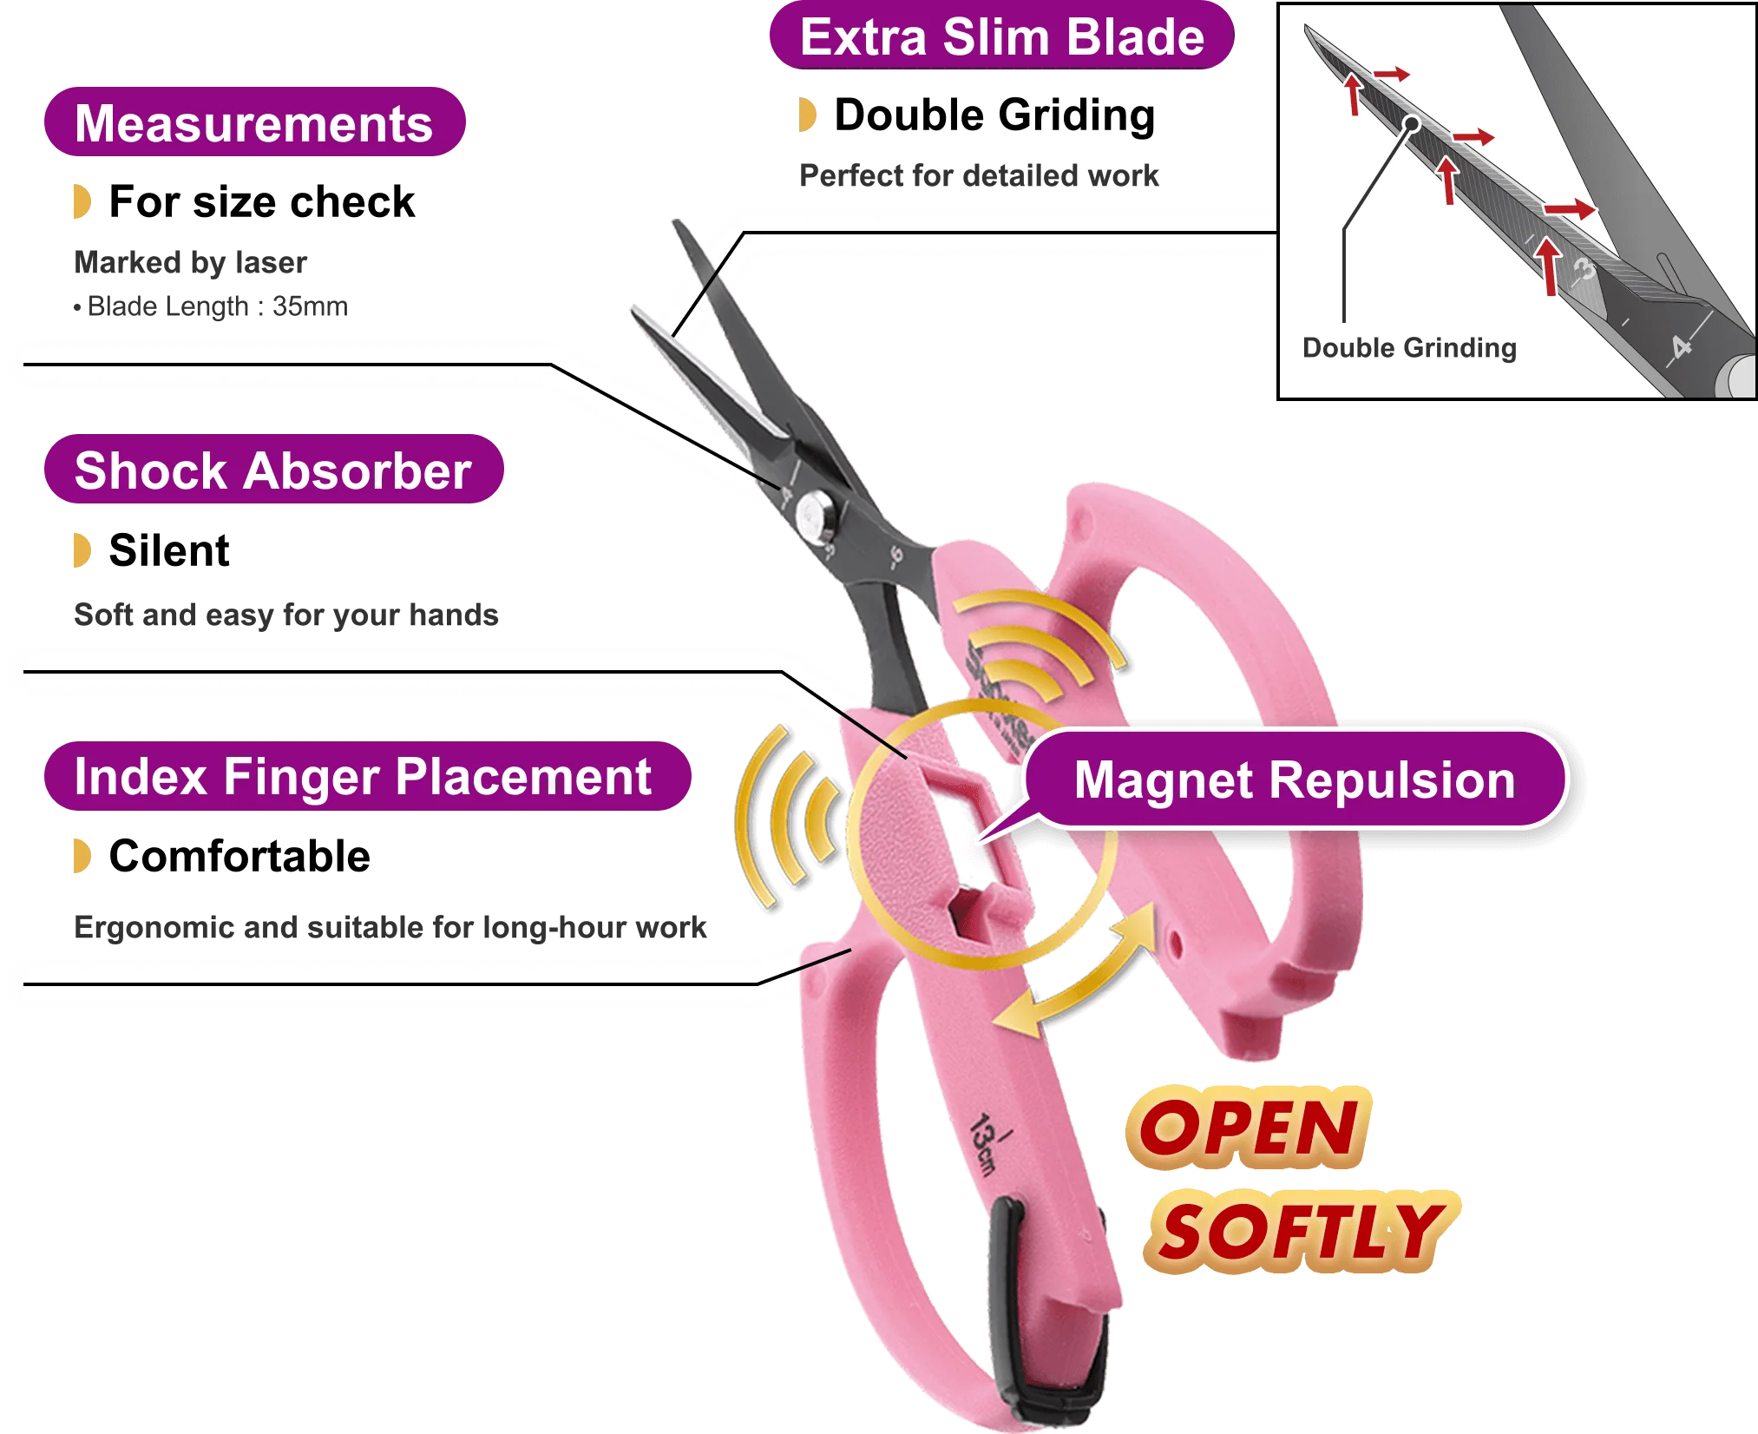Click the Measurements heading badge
[253, 123]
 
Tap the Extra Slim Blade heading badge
[1001, 38]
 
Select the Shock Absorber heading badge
[272, 470]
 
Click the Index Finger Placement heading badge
[364, 776]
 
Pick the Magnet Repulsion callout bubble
[1295, 779]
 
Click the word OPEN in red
[1248, 1128]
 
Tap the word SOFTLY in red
[1300, 1233]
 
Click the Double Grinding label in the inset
[1409, 348]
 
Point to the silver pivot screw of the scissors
[817, 516]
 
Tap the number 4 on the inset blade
[1682, 348]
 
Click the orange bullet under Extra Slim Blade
[808, 115]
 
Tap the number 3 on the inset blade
[1584, 270]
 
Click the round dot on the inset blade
[1412, 124]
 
